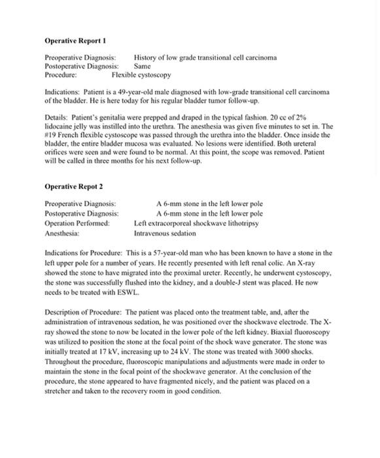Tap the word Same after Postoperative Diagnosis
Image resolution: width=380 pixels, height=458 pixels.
pyautogui.click(x=142, y=66)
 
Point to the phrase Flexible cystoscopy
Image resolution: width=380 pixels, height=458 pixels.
pyautogui.click(x=141, y=75)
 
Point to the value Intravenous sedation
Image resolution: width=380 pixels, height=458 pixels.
pyautogui.click(x=164, y=232)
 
